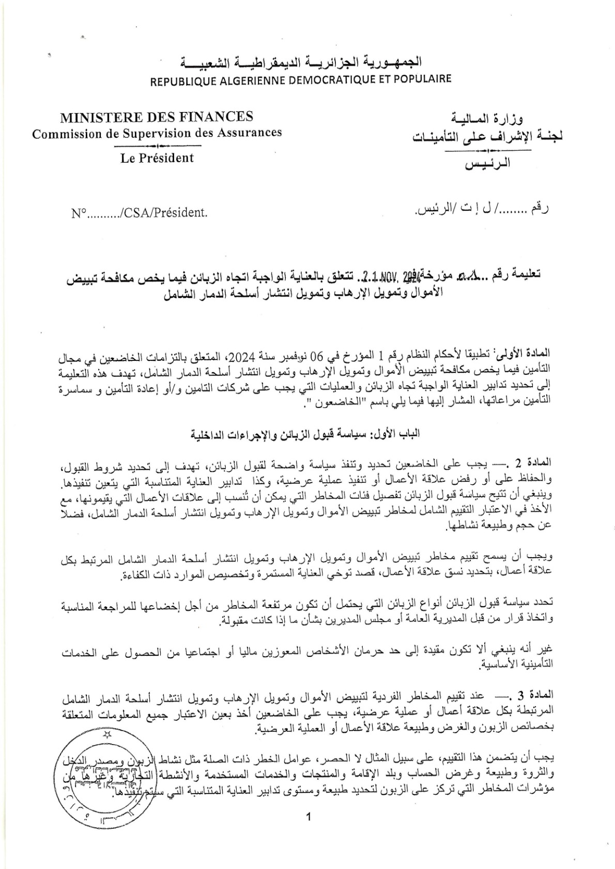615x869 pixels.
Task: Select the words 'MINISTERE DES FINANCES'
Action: point(157,117)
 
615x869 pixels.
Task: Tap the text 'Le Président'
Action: point(157,158)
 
